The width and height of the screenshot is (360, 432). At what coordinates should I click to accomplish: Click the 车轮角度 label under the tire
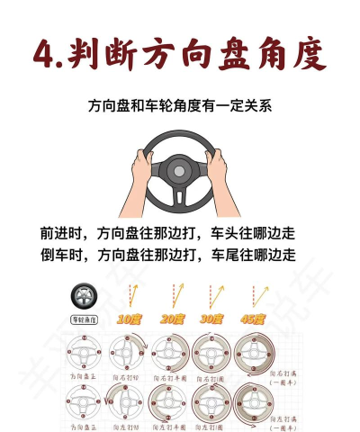84,319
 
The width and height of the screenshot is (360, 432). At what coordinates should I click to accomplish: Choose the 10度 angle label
130,319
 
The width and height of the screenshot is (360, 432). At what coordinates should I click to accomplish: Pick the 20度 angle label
171,319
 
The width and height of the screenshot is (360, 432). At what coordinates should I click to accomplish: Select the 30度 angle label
211,319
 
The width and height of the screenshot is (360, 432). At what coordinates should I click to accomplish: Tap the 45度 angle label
252,319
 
